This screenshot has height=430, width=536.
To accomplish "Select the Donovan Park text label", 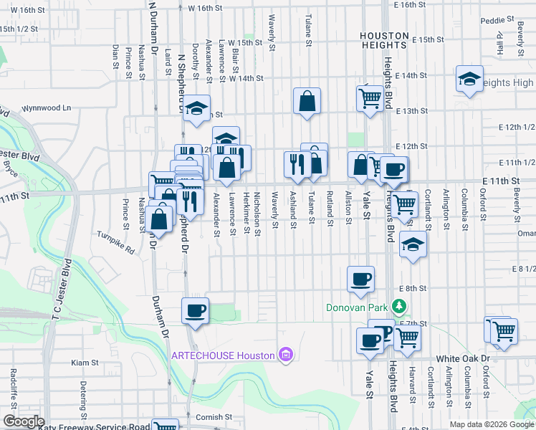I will (x=356, y=307).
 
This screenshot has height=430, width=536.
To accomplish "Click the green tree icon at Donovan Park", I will (x=399, y=307).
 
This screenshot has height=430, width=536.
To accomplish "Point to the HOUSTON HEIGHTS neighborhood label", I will (x=383, y=40).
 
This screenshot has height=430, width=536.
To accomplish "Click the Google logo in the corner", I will (x=24, y=421).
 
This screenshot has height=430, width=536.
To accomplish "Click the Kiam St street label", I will (x=85, y=363).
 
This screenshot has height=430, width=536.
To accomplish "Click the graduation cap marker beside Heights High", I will (x=469, y=79).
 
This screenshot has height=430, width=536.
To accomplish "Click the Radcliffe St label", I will (x=14, y=386).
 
